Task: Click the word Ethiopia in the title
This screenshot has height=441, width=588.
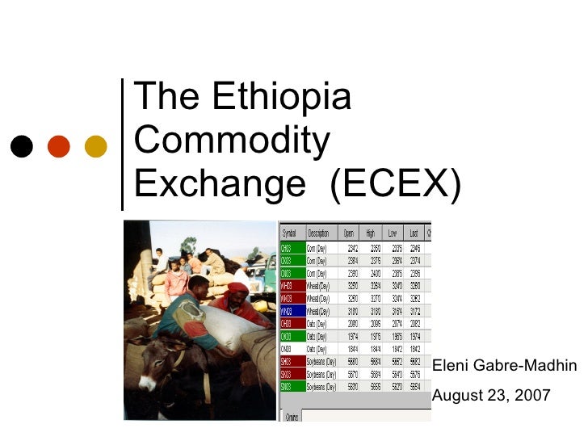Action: pos(282,98)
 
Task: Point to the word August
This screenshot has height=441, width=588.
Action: pos(456,396)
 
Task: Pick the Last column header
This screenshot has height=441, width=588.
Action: pos(414,233)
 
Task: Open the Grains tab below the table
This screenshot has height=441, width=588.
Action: pos(293,417)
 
